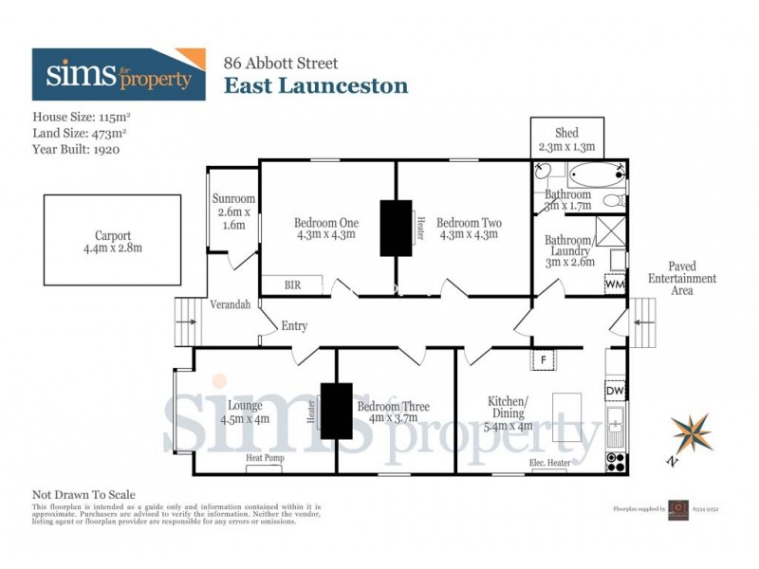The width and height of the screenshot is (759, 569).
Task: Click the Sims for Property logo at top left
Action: point(119,74)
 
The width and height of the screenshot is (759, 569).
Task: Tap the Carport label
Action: point(112,242)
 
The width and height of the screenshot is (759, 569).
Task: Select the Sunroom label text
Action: point(232,212)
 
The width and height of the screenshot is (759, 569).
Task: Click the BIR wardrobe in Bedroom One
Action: point(293,284)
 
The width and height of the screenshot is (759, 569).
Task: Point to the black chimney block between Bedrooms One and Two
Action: point(397,228)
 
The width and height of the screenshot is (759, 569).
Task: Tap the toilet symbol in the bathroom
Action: point(614,200)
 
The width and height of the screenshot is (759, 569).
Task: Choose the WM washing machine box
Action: point(615,284)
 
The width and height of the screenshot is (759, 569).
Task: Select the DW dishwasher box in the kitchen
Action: point(615,390)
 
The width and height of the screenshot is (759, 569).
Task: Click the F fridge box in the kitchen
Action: point(544,359)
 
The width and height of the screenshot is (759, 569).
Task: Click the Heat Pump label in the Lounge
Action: point(265,458)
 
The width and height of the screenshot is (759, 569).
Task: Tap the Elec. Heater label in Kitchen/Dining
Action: point(549,463)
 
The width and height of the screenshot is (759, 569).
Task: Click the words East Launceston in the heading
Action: point(316,86)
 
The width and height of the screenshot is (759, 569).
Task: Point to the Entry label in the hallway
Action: point(294,326)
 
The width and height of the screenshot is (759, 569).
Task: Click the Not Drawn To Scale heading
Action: point(84,494)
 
